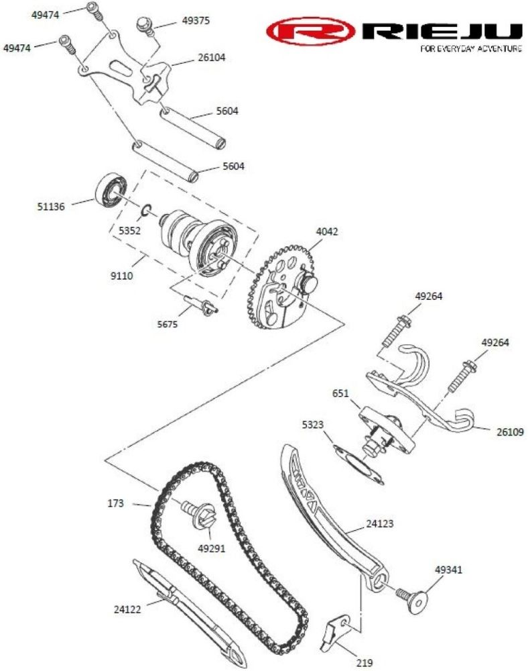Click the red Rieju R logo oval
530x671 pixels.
tap(310, 31)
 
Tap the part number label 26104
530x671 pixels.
tap(212, 57)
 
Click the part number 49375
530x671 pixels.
tap(196, 21)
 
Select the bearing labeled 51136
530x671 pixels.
tap(111, 191)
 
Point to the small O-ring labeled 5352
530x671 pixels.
tap(145, 210)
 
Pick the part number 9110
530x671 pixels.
tap(122, 276)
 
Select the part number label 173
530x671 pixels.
tap(115, 503)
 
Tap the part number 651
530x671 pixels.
tap(340, 393)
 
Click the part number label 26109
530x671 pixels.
tap(510, 432)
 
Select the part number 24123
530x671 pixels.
tap(379, 523)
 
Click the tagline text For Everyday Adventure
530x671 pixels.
tap(471, 48)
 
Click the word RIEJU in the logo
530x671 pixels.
tap(442, 32)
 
